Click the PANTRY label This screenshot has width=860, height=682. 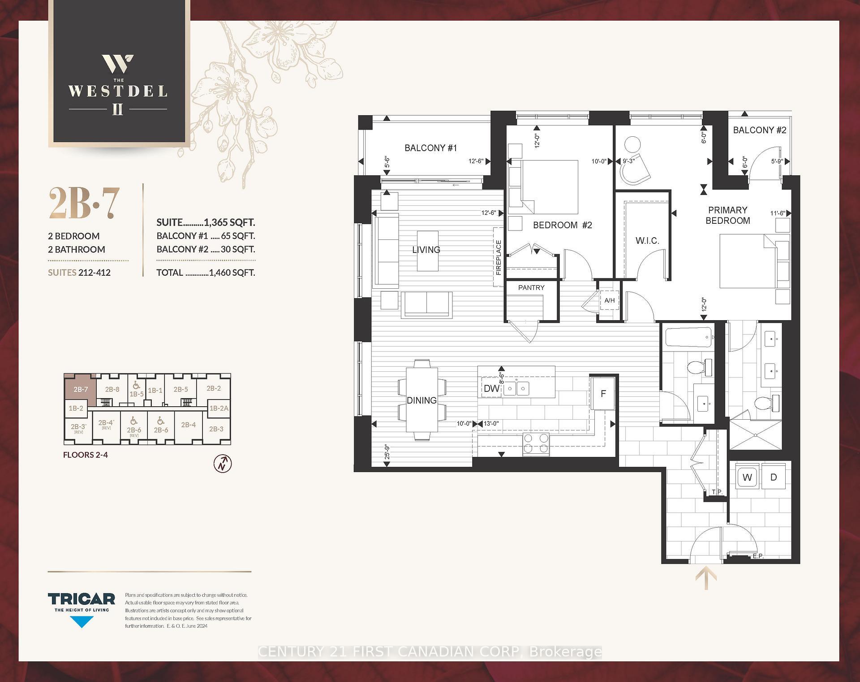click(x=531, y=287)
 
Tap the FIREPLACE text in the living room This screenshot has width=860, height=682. click(x=499, y=257)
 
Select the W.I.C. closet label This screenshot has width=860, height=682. click(x=647, y=241)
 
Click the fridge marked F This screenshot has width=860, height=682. click(x=603, y=394)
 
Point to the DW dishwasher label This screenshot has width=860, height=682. click(x=491, y=388)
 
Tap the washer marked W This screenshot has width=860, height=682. click(x=747, y=478)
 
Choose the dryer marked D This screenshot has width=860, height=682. click(x=774, y=478)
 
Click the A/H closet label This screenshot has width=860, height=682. click(x=609, y=300)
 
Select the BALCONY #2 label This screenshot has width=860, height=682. click(x=760, y=130)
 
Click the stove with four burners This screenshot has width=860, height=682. click(x=536, y=443)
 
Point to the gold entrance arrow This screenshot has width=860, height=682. click(x=706, y=578)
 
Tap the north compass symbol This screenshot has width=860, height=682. click(x=223, y=464)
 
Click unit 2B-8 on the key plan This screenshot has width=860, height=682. click(x=112, y=389)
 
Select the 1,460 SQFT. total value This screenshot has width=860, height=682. click(x=232, y=273)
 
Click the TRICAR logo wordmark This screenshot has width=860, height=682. click(x=82, y=599)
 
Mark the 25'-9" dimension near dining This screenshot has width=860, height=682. click(x=387, y=452)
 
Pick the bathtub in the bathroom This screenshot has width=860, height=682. click(x=688, y=337)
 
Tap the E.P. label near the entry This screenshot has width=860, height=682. click(x=758, y=556)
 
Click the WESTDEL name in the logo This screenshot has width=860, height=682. click(x=118, y=91)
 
